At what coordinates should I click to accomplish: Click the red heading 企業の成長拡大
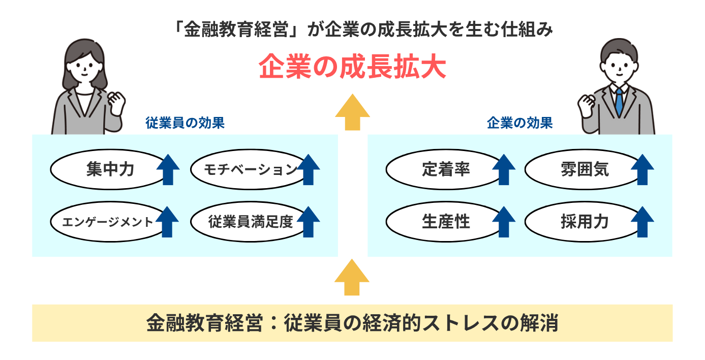(x=352, y=67)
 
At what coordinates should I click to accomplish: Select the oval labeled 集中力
(x=109, y=169)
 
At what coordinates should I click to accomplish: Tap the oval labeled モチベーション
(x=250, y=169)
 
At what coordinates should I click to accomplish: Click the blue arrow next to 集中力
(x=168, y=169)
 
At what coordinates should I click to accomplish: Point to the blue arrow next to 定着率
(x=504, y=169)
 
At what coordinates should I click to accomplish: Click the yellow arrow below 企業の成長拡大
(x=352, y=113)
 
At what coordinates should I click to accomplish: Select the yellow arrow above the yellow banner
(x=352, y=278)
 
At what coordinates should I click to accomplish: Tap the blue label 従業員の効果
(x=185, y=123)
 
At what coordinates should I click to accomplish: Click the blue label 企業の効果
(x=519, y=123)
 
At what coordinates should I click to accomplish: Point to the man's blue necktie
(x=619, y=101)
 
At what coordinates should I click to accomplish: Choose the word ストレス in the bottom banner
(x=468, y=323)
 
